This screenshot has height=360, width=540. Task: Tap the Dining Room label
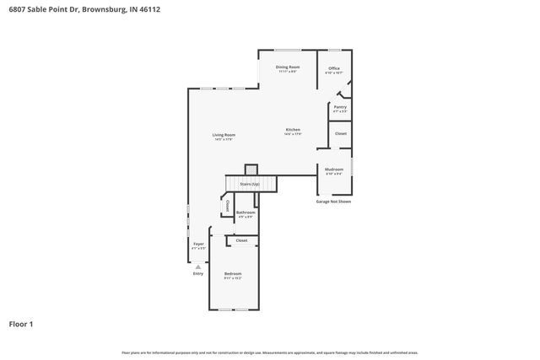[288, 67]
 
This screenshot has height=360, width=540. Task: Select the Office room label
[334, 69]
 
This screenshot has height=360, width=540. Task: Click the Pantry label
[340, 108]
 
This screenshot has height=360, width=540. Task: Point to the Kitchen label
[293, 130]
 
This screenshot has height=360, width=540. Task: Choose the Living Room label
[224, 136]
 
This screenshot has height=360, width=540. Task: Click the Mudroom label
[334, 169]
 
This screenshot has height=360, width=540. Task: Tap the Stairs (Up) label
[250, 183]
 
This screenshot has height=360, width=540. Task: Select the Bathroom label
[245, 212]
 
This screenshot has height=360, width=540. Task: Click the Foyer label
[198, 244]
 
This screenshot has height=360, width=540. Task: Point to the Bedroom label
[233, 274]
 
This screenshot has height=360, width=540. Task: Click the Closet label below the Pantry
[341, 134]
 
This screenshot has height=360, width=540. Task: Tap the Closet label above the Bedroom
[242, 241]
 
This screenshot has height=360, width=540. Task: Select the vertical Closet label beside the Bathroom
[227, 205]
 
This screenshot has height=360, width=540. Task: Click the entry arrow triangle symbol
[198, 266]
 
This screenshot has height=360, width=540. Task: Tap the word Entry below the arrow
[198, 273]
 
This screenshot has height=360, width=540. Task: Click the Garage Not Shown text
[333, 201]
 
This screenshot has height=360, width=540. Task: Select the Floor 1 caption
[22, 323]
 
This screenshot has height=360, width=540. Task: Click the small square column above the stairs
[251, 169]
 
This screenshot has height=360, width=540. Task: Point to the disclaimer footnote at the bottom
[269, 352]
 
